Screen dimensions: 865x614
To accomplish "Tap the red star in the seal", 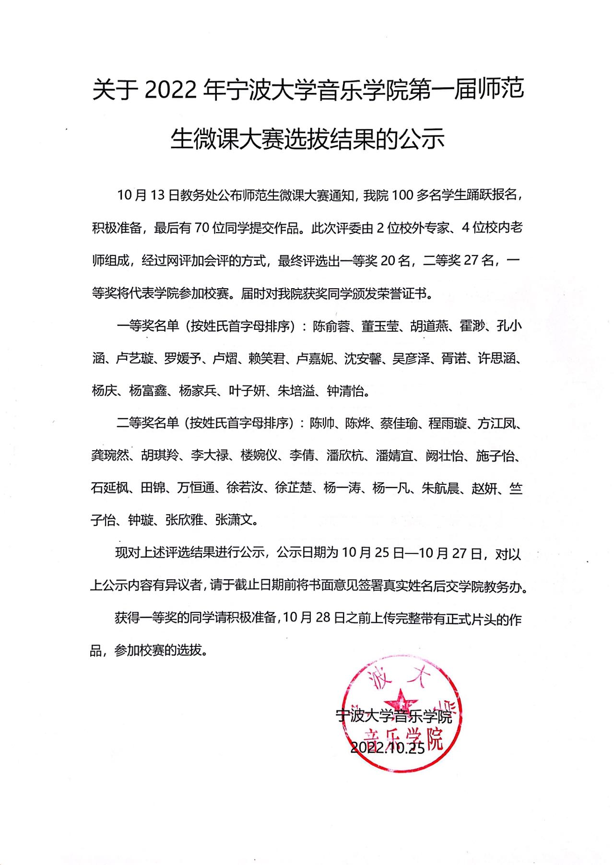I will click(x=401, y=701).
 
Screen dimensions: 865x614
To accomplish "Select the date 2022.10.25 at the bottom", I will click(x=388, y=748).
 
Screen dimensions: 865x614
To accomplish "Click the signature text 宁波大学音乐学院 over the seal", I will click(x=393, y=716).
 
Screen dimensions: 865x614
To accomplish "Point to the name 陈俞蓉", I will click(x=331, y=326).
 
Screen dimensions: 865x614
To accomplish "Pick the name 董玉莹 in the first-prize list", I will click(x=380, y=326).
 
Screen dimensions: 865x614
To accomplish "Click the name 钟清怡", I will click(x=345, y=391).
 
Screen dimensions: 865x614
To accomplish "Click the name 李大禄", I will click(x=209, y=456).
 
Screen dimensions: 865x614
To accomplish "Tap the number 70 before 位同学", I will click(x=201, y=228).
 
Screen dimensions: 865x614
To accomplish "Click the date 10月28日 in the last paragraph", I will click(x=314, y=618).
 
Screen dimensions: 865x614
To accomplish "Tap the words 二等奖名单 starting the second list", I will click(x=147, y=423).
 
